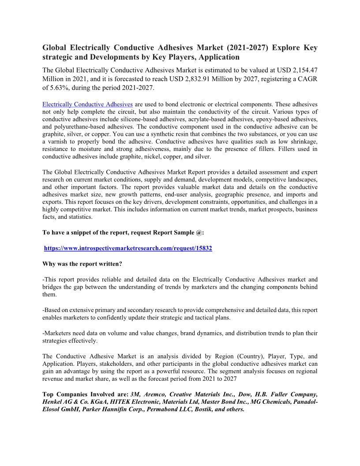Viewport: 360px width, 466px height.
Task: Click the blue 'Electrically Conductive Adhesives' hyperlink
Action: [x=87, y=105]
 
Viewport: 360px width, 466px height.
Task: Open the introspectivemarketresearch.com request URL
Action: [x=128, y=248]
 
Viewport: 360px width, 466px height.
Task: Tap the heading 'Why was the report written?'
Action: [x=82, y=264]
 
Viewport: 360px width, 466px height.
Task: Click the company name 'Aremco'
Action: [x=158, y=394]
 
